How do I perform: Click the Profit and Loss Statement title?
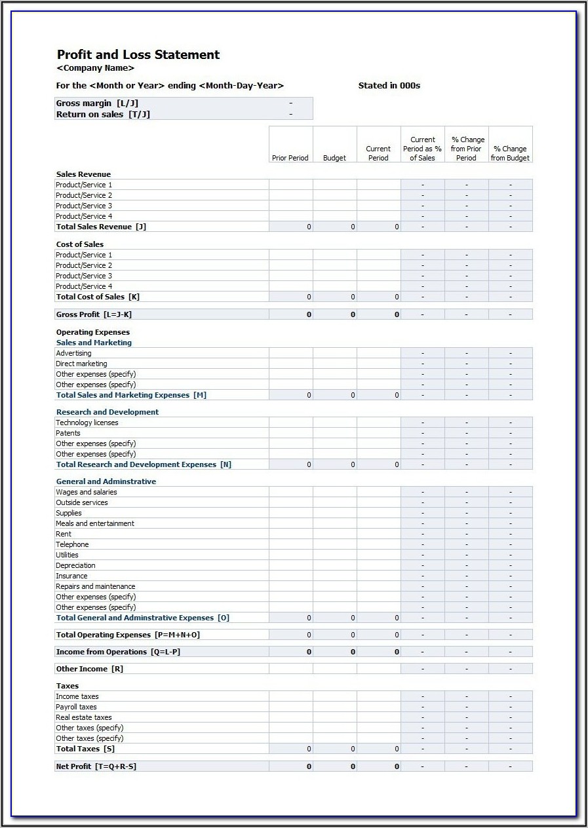click(138, 55)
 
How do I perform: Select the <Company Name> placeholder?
click(96, 68)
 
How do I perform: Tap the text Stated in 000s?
click(389, 86)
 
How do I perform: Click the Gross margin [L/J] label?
click(97, 104)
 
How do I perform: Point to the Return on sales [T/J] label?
click(103, 115)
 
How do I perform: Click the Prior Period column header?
click(290, 158)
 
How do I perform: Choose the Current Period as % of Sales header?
click(423, 149)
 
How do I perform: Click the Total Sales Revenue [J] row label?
click(101, 227)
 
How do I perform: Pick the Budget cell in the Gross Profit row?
click(335, 314)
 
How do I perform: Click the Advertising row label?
click(73, 353)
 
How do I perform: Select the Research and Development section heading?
click(108, 412)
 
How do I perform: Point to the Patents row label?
click(68, 433)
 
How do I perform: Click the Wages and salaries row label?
click(87, 492)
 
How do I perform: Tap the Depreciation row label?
click(75, 565)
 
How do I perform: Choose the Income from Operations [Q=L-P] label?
click(118, 652)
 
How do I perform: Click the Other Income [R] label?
click(89, 669)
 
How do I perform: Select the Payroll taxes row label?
click(76, 707)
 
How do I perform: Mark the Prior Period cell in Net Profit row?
click(291, 766)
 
